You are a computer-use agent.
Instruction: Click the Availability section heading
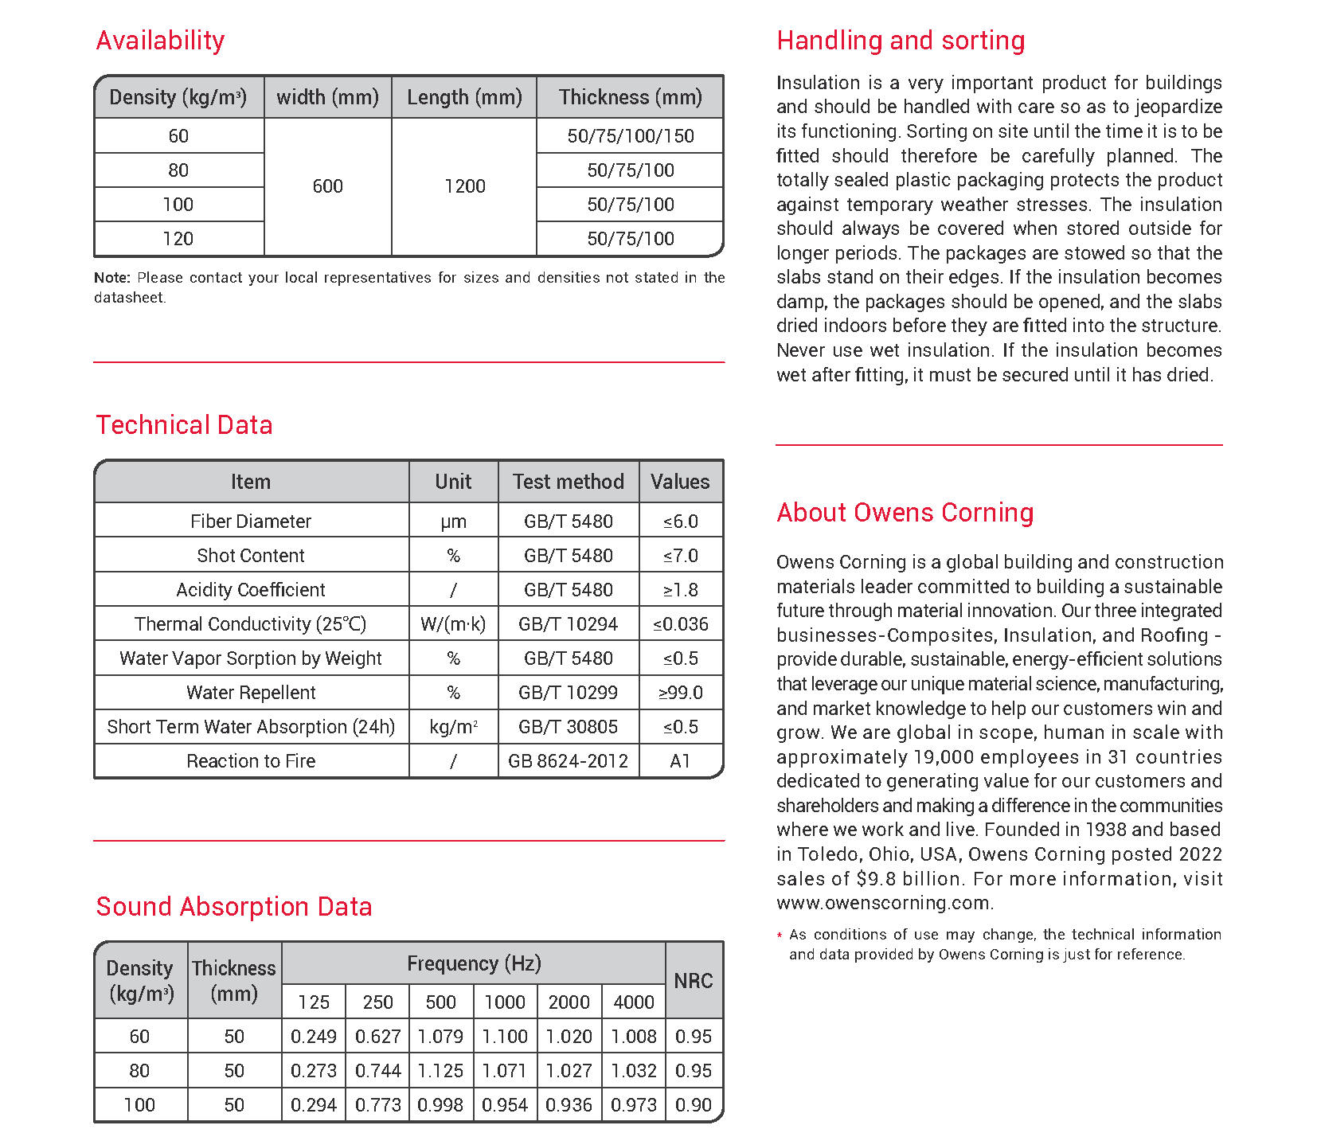(160, 41)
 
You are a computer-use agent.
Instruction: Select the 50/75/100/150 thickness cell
(630, 136)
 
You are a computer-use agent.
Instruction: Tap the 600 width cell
(327, 186)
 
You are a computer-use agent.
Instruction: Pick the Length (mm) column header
(464, 97)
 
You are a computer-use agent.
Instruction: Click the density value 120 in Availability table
(178, 239)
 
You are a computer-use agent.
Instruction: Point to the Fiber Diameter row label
(251, 522)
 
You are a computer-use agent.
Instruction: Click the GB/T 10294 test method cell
(568, 624)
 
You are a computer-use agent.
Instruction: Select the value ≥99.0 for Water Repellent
(681, 693)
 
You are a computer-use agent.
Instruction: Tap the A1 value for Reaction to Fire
(680, 761)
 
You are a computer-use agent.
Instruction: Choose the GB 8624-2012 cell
(568, 761)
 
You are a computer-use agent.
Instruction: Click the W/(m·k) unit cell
(453, 624)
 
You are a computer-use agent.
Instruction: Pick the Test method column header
(568, 482)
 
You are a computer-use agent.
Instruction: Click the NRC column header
(694, 981)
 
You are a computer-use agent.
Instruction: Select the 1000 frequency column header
(505, 1002)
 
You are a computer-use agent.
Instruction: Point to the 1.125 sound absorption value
(440, 1071)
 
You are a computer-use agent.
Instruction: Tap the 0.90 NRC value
(694, 1105)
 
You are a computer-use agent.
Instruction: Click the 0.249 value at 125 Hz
(314, 1037)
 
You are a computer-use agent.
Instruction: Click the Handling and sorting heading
(901, 41)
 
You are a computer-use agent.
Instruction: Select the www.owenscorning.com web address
(884, 903)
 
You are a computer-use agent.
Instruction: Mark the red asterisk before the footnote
(780, 935)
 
